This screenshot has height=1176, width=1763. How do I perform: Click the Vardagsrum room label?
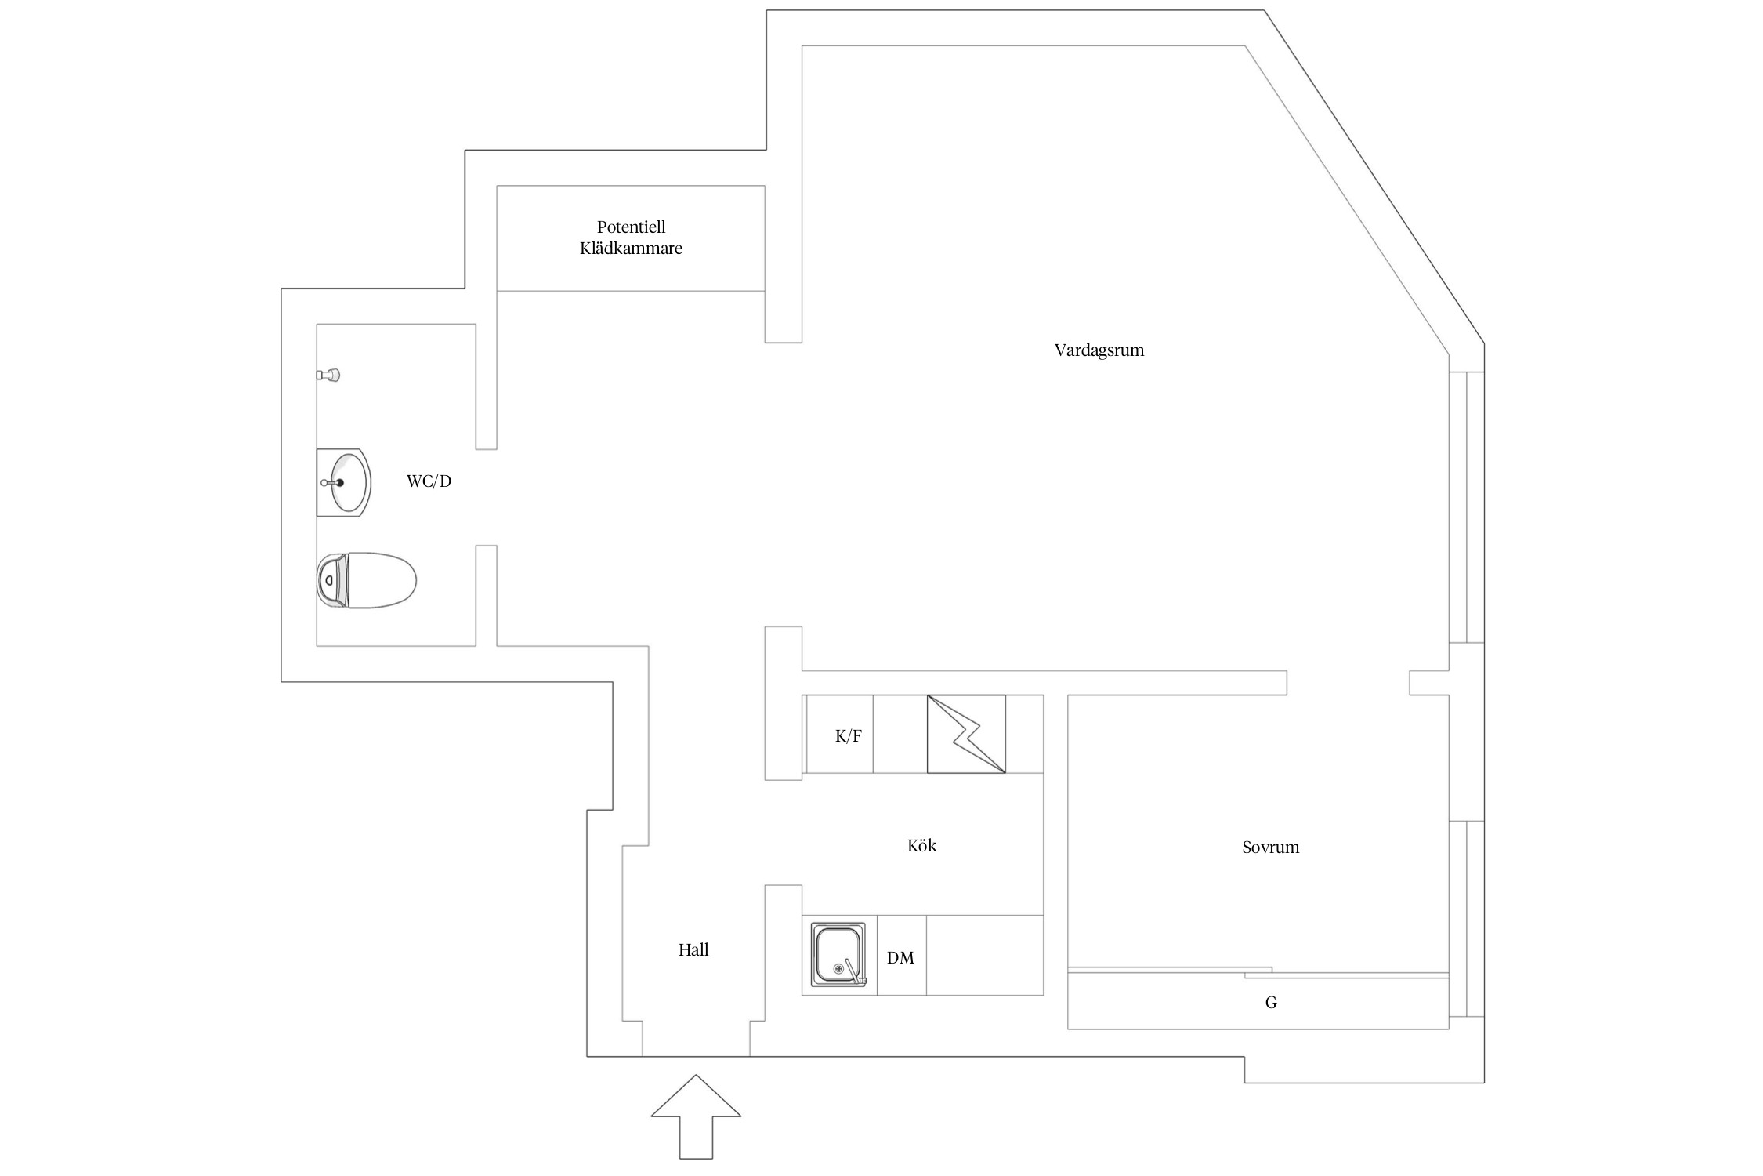tap(1099, 350)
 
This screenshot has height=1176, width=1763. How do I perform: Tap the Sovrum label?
tap(1270, 848)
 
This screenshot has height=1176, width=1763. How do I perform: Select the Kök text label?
tap(921, 846)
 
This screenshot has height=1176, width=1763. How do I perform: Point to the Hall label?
tap(693, 950)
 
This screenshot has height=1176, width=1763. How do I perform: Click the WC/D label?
tap(429, 481)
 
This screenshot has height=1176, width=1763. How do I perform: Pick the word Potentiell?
tap(631, 227)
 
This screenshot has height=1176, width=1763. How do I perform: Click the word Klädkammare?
tap(631, 249)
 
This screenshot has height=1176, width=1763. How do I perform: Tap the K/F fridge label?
tap(848, 736)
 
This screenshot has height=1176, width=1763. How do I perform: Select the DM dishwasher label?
tap(900, 958)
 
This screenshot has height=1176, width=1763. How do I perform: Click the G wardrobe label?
tap(1271, 1003)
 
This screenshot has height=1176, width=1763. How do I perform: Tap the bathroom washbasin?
tap(345, 483)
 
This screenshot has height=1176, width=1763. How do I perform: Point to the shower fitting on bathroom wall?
tap(329, 375)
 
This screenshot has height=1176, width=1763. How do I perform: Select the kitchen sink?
tap(838, 954)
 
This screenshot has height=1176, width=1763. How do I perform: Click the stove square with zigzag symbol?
tap(966, 734)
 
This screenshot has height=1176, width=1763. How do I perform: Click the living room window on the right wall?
tap(1466, 506)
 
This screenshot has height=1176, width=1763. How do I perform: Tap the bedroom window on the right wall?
tap(1466, 918)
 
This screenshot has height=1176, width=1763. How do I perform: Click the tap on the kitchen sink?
tap(854, 971)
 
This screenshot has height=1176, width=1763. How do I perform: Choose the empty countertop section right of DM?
tap(984, 955)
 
